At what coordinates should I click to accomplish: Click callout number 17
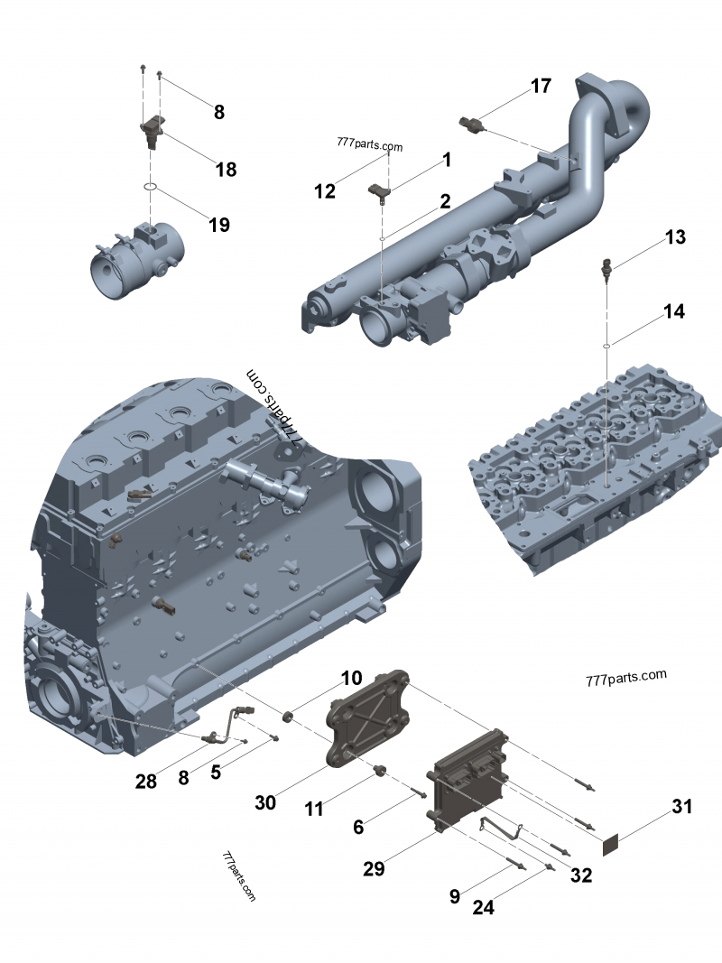(540, 87)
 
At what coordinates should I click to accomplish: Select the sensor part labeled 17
(473, 124)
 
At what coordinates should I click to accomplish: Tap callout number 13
(675, 237)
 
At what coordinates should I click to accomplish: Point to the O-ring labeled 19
(153, 188)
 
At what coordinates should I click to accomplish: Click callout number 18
(226, 169)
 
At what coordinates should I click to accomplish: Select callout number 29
(374, 868)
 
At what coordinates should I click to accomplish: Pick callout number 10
(350, 678)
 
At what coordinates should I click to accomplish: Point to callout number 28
(144, 781)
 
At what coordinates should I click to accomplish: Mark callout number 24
(484, 908)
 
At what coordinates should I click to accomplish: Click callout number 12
(325, 190)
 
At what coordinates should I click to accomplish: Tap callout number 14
(673, 312)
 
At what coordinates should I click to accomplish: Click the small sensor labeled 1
(379, 190)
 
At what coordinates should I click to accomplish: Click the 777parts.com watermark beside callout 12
(369, 146)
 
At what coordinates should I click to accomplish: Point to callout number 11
(314, 810)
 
